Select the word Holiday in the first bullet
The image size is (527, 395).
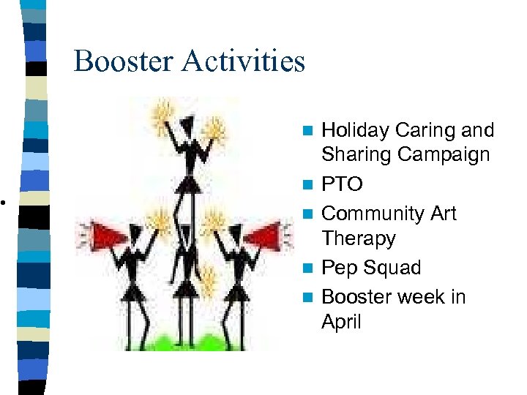click(355, 131)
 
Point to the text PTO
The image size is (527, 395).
click(342, 184)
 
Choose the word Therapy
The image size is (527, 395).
click(359, 238)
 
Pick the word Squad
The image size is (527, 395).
click(392, 268)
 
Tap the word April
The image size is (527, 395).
click(341, 322)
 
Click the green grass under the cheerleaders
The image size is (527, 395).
click(183, 341)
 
